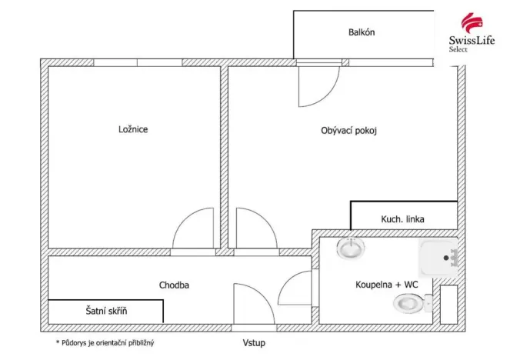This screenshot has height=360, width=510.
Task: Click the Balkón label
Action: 361,33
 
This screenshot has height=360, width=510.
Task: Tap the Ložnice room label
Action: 133,129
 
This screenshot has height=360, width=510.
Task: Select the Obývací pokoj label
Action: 348,131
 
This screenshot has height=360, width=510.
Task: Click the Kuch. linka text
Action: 402,219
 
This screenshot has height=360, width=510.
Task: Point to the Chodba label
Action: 174,285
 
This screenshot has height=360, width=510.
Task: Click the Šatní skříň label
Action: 105,312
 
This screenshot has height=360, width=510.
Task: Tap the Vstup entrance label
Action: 253,342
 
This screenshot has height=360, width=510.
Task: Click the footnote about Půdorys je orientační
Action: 110,342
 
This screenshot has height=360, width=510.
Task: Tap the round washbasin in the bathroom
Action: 352,248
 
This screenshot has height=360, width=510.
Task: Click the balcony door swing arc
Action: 318,86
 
